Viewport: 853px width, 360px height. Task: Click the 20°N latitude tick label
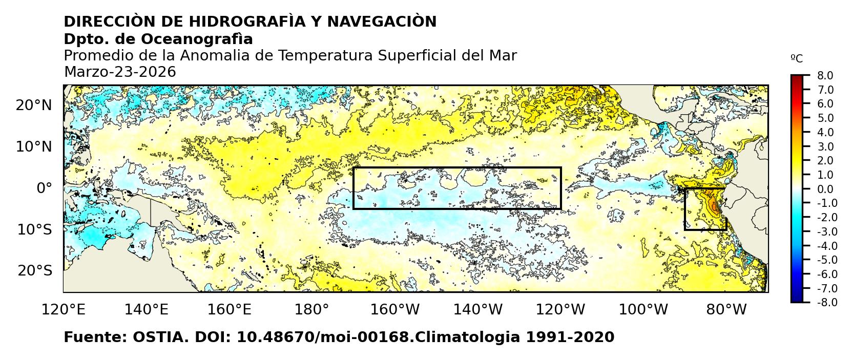[x=34, y=105]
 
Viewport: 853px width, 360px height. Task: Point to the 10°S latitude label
[x=34, y=229]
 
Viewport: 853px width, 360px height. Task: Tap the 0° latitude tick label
[x=44, y=188]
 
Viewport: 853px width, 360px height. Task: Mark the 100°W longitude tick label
[x=643, y=309]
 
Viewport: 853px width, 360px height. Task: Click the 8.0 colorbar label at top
[x=825, y=76]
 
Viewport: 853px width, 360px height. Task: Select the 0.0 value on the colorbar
[x=825, y=189]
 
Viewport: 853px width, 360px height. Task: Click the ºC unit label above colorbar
[x=797, y=59]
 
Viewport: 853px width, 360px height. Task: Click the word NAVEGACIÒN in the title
[x=382, y=22]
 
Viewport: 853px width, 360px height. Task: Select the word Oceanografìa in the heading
[x=197, y=39]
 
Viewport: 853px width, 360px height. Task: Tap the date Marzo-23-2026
[x=120, y=72]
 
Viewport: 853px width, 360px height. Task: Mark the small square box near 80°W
[x=705, y=209]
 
